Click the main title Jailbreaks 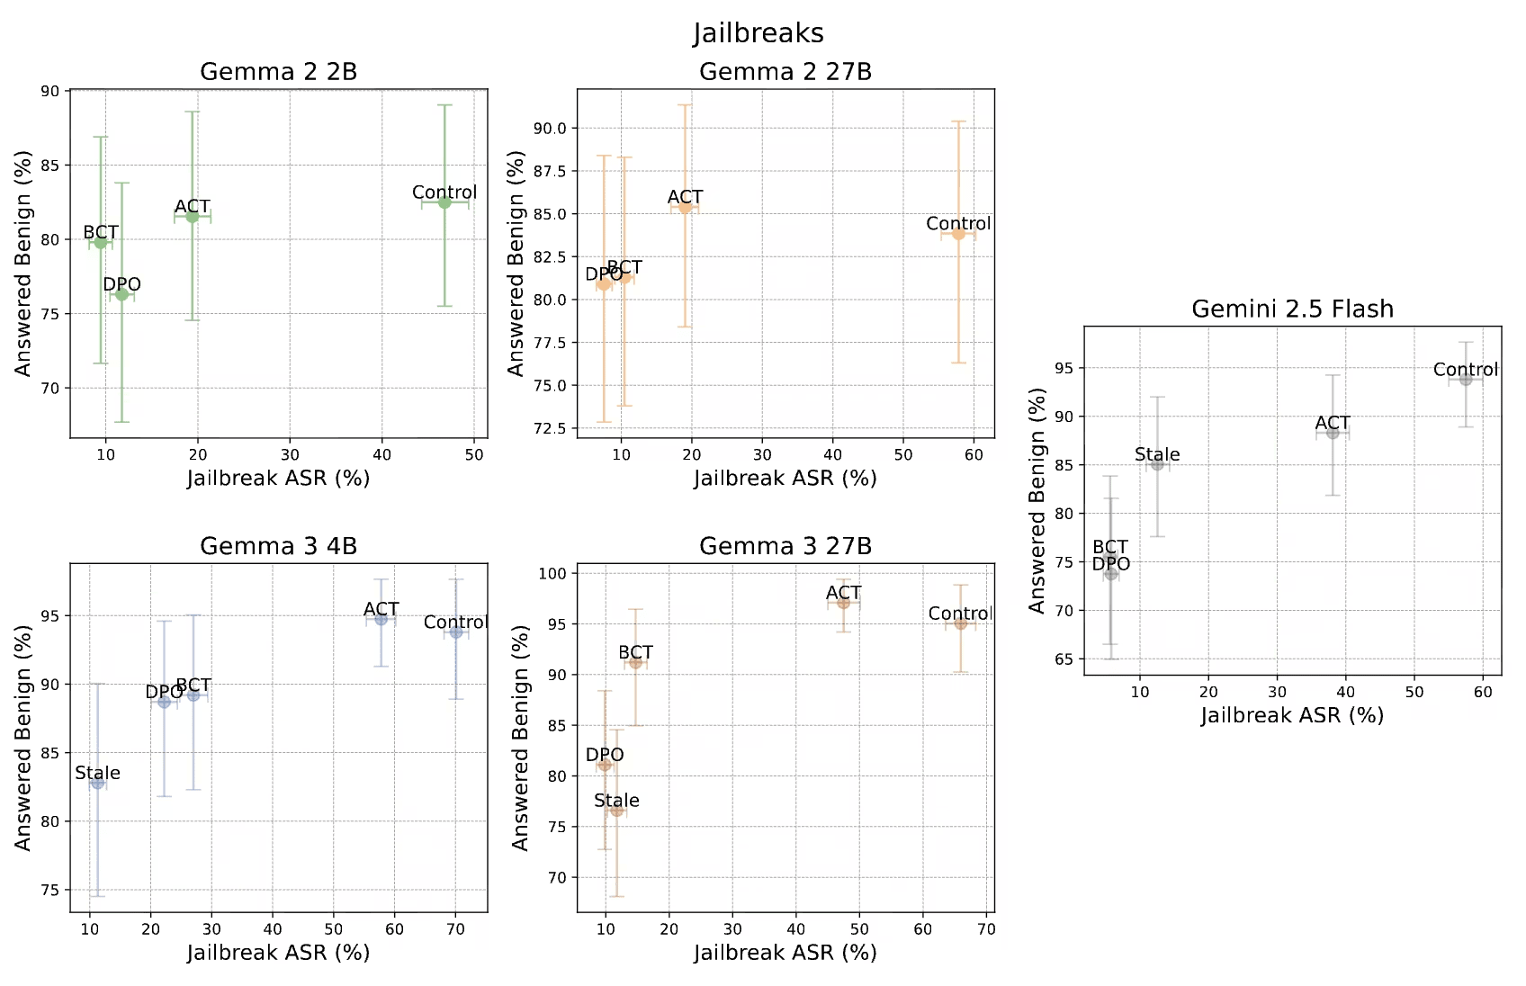[759, 32]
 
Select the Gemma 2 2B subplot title [278, 71]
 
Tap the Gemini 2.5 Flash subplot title [1292, 309]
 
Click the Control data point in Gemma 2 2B [444, 202]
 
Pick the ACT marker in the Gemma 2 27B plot [685, 207]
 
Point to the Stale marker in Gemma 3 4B [97, 783]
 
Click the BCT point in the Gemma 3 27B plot [635, 662]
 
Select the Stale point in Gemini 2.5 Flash [1157, 464]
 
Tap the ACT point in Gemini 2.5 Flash [1333, 433]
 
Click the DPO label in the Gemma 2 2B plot [122, 284]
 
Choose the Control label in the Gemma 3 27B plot [961, 614]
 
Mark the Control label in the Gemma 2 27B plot [958, 223]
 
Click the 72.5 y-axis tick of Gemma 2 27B [553, 428]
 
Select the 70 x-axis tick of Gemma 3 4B [455, 929]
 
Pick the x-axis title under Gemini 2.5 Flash [1292, 716]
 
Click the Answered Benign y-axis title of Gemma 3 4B [23, 738]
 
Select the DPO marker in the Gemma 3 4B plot [164, 702]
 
